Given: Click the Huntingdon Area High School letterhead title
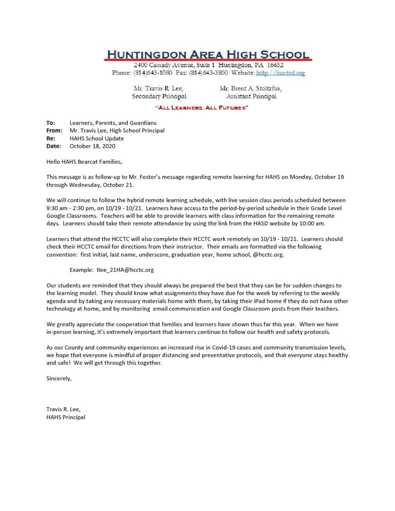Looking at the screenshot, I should [x=209, y=54].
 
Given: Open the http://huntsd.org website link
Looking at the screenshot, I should [x=280, y=73].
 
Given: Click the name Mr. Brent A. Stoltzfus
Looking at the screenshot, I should [x=250, y=88].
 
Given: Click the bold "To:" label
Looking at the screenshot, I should [x=50, y=123].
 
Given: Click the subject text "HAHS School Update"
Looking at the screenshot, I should [x=97, y=138].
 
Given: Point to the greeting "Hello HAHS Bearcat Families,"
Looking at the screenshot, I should [x=84, y=162].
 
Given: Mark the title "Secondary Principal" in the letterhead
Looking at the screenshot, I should [x=159, y=96].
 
